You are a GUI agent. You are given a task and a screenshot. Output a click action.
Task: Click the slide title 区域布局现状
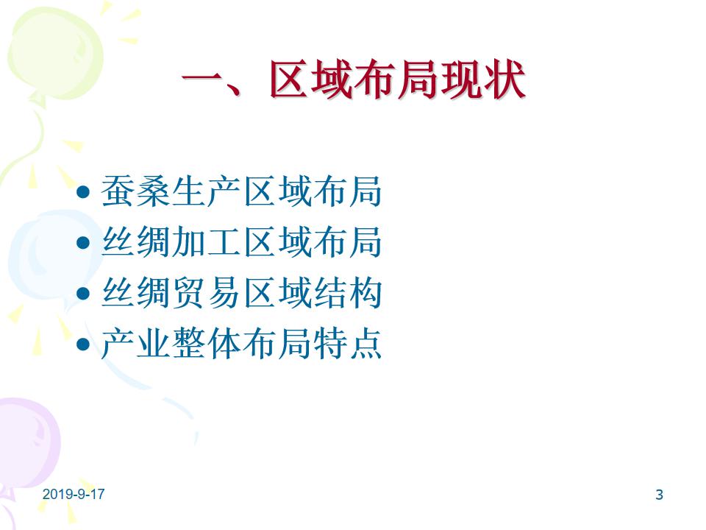click(398, 79)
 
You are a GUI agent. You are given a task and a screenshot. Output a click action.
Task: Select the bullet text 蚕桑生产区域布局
click(242, 191)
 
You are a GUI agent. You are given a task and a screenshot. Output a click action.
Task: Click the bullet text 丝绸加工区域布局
click(242, 242)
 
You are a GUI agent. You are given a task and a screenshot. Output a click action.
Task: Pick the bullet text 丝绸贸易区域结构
click(242, 293)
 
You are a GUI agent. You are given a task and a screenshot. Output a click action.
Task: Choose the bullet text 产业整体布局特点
click(242, 344)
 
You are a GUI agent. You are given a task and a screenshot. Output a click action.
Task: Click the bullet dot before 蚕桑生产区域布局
click(83, 192)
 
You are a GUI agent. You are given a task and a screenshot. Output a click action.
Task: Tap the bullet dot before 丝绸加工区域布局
click(83, 243)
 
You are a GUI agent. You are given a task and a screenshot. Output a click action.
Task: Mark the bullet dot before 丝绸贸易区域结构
click(83, 294)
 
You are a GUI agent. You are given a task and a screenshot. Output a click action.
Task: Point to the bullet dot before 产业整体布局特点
click(83, 344)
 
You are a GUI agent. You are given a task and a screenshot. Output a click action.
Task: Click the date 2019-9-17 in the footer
click(74, 494)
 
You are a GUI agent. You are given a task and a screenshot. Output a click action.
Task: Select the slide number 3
click(659, 495)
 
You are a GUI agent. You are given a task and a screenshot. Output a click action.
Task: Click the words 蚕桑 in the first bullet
click(135, 191)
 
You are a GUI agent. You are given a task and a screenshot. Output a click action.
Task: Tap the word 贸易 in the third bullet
click(206, 293)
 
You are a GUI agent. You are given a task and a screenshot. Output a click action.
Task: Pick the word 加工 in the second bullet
click(206, 242)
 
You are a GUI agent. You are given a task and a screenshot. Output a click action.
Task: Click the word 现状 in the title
click(484, 79)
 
